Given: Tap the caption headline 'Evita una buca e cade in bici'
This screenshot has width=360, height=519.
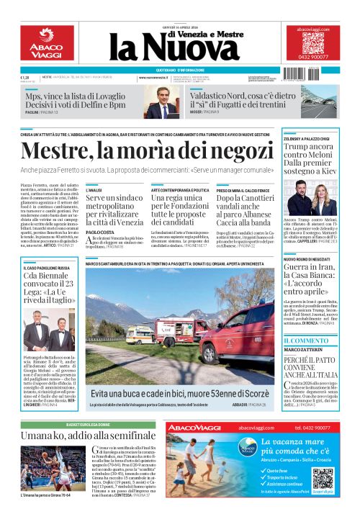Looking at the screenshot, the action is tap(179, 394).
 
